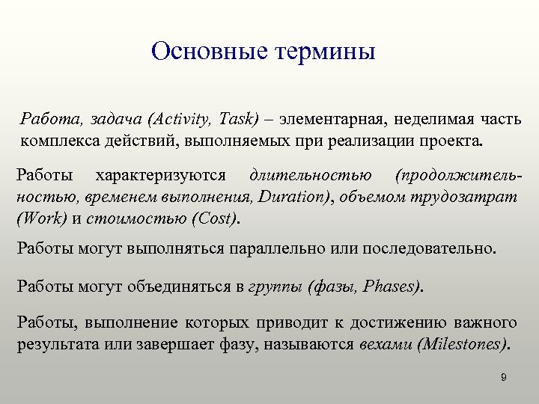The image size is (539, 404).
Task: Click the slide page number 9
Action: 504,378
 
